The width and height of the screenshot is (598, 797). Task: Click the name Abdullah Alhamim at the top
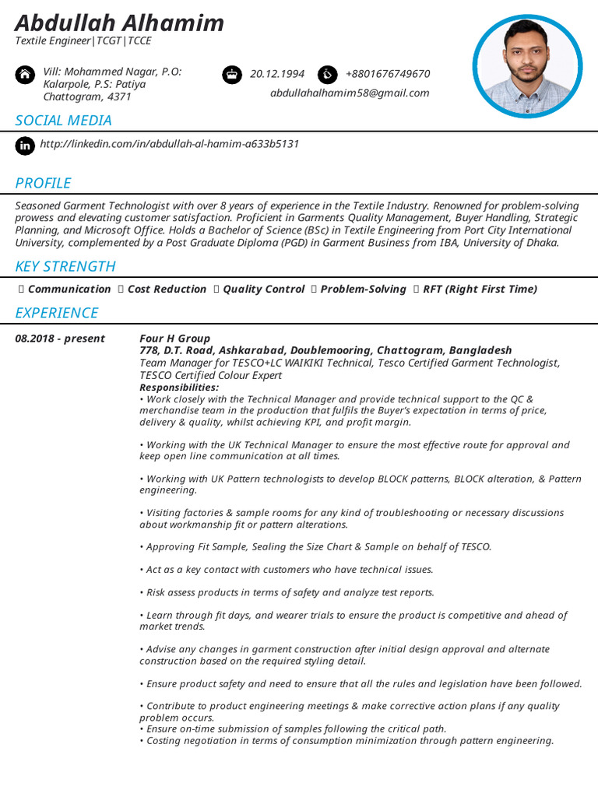119,23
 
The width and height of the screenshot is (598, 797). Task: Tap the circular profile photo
527,66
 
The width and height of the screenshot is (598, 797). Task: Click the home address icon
26,75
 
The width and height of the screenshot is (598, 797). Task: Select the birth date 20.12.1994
277,74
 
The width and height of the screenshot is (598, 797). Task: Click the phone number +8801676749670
387,74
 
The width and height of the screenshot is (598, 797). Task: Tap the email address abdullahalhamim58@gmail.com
350,93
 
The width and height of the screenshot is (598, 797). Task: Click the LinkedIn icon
26,145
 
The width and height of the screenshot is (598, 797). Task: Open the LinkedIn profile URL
169,144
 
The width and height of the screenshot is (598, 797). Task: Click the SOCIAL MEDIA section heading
64,121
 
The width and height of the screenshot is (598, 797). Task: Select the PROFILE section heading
44,184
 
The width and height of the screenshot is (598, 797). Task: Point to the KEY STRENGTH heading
65,267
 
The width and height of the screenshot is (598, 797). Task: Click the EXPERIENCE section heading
57,313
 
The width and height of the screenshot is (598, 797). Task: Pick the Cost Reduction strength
167,289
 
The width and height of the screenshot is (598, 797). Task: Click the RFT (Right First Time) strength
480,289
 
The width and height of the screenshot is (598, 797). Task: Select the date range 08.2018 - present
60,339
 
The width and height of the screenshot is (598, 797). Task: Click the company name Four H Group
174,339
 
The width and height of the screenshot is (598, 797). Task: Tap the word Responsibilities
179,387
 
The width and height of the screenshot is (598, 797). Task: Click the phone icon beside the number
327,75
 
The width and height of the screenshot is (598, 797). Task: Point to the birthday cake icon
232,75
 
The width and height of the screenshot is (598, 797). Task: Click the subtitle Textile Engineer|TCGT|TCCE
83,41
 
